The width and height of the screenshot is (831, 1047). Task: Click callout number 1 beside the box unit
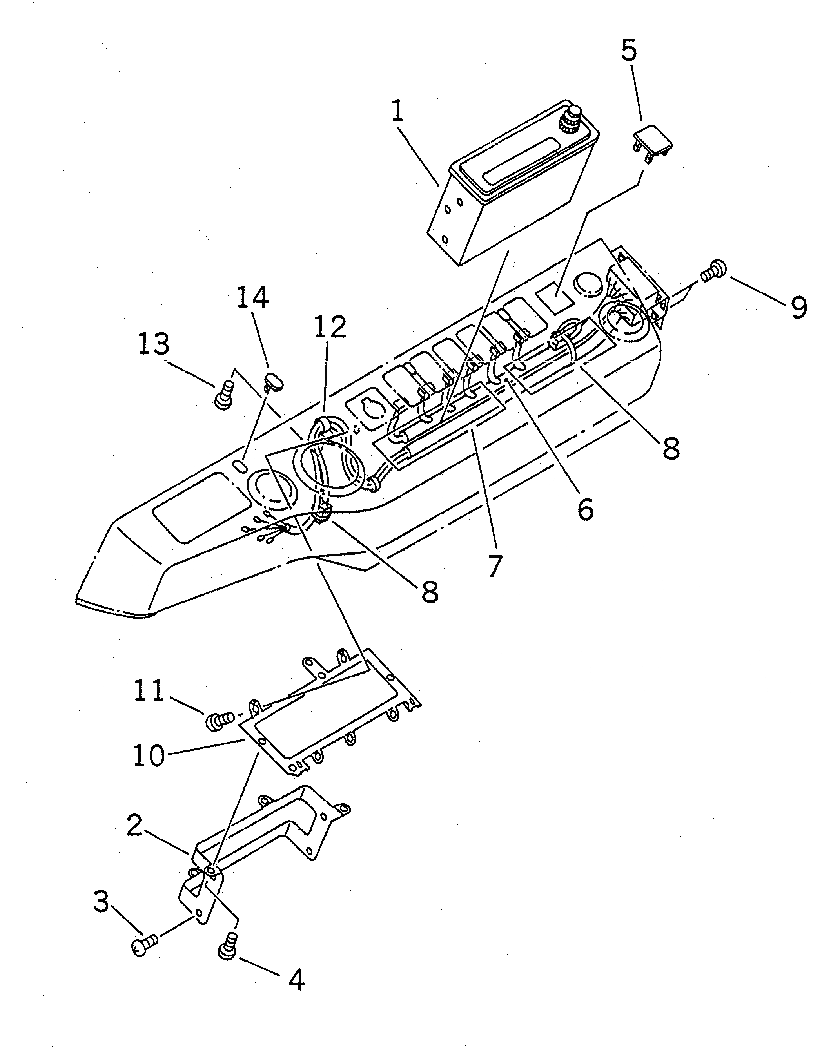pos(397,112)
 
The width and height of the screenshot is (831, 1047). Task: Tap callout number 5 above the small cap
pos(629,51)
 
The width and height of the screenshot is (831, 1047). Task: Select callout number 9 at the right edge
pos(798,307)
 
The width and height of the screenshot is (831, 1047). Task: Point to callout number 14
pos(252,297)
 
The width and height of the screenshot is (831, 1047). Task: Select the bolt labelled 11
pos(217,721)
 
